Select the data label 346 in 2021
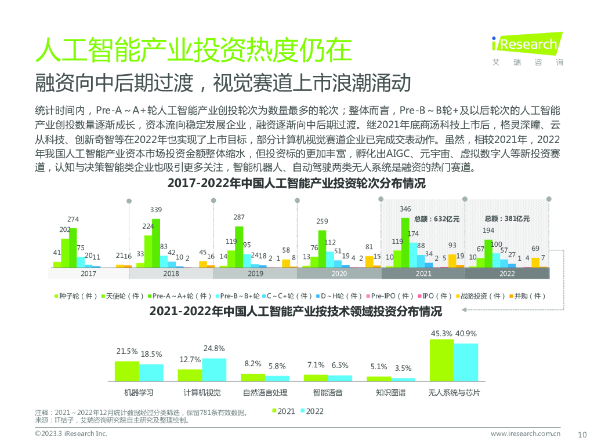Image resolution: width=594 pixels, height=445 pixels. [x=405, y=209]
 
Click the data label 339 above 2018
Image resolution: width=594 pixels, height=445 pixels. [x=156, y=209]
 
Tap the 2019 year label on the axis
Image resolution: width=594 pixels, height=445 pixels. [x=255, y=273]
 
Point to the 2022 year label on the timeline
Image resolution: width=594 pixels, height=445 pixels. [x=507, y=273]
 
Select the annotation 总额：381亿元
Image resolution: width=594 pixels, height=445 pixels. [x=507, y=219]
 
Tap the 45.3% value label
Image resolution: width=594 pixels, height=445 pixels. [x=441, y=333]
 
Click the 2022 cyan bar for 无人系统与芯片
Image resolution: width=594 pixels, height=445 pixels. [x=466, y=362]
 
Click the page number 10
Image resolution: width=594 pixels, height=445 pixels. [x=583, y=434]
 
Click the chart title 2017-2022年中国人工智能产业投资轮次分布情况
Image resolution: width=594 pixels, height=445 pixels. [x=296, y=184]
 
